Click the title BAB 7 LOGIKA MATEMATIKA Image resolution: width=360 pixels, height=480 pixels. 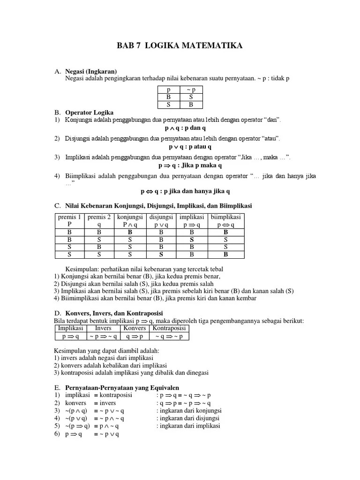(180, 45)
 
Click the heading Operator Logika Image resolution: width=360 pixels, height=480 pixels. (89, 113)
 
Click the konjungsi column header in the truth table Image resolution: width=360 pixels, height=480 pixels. (130, 221)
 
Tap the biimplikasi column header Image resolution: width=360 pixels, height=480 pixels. (225, 221)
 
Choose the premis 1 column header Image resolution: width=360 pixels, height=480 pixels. (69, 221)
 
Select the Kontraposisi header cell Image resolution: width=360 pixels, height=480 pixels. (169, 328)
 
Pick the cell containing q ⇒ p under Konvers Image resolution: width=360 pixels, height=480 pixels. (135, 336)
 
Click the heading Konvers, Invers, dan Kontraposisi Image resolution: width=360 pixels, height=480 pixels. (115, 313)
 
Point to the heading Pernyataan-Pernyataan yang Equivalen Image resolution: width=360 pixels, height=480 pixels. (122, 388)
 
